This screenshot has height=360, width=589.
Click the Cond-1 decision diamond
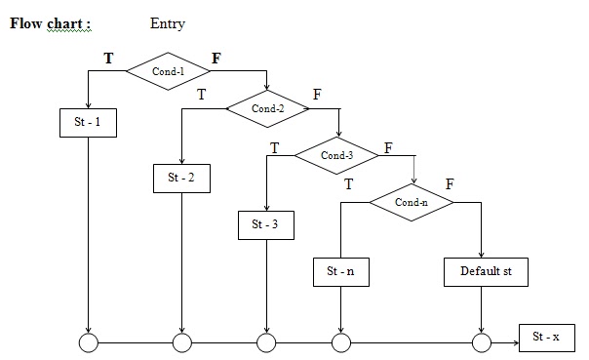(168, 72)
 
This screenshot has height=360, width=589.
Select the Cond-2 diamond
(267, 108)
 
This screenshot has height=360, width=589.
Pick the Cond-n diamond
(411, 202)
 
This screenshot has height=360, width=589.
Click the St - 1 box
(88, 123)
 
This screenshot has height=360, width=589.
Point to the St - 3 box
(265, 224)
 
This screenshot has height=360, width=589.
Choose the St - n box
(341, 271)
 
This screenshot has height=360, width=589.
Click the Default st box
(486, 271)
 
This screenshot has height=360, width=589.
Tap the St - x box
(546, 337)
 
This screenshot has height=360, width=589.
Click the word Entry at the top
(168, 23)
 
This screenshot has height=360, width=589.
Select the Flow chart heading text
(51, 23)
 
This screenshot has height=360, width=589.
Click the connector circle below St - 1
(89, 343)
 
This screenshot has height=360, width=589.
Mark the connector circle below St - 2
(182, 343)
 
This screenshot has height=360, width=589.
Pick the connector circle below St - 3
(266, 343)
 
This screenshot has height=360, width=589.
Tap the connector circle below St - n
(340, 343)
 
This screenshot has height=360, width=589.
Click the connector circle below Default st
(481, 343)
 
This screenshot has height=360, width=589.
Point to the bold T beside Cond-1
(108, 59)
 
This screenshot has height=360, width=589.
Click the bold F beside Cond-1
(216, 59)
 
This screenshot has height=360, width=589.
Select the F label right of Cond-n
(450, 183)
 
